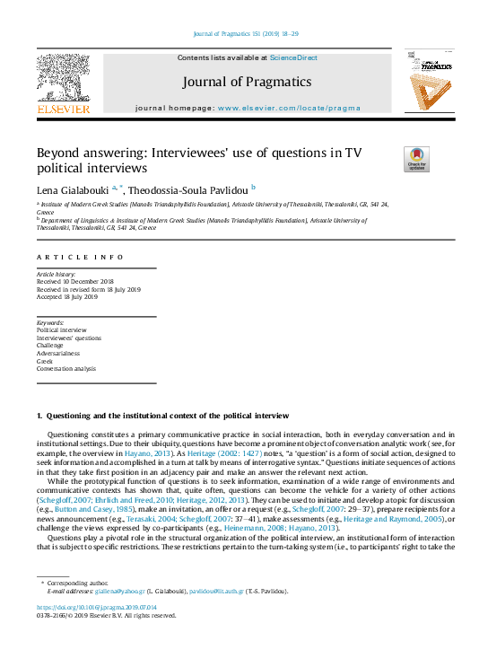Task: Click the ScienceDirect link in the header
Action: click(x=293, y=57)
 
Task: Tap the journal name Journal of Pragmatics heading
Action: click(x=247, y=83)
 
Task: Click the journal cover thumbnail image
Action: click(x=427, y=83)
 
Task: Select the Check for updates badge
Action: click(x=416, y=159)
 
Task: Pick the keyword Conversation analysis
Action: click(x=65, y=369)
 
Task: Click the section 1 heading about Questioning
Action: click(x=161, y=416)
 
